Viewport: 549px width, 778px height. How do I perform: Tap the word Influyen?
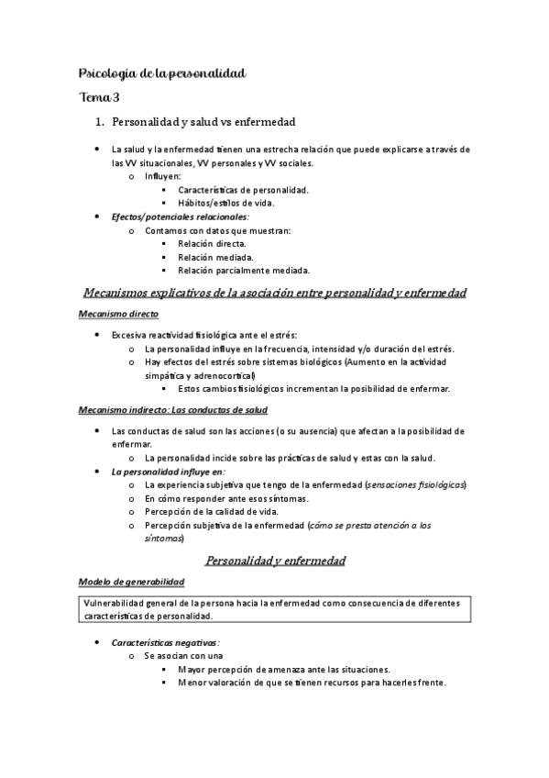(163, 176)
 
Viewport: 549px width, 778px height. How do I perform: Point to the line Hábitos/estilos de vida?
(225, 203)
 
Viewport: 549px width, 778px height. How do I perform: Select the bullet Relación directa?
(212, 243)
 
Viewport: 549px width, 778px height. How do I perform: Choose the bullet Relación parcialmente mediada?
(244, 270)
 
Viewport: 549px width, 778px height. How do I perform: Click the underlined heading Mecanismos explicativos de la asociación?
(275, 293)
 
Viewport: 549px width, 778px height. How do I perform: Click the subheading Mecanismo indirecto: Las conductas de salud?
(172, 409)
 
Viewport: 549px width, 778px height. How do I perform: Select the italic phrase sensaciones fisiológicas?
(415, 483)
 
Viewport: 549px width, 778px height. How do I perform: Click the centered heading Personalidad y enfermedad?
(274, 559)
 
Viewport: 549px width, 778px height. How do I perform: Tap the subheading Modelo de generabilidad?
(132, 582)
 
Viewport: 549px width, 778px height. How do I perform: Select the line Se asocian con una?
(183, 656)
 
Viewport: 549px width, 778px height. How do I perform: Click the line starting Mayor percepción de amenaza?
(284, 669)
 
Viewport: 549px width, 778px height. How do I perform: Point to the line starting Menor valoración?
(299, 682)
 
